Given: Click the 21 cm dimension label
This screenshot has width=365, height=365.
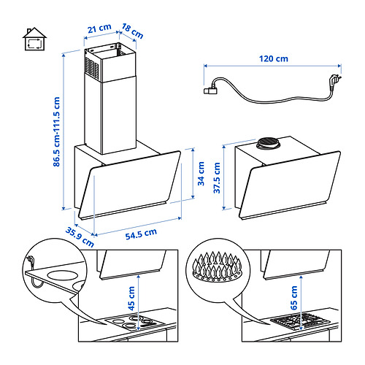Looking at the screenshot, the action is click(99, 28).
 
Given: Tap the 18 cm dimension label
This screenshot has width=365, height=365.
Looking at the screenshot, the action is click(132, 31).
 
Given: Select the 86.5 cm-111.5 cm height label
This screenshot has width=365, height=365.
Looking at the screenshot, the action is click(56, 131).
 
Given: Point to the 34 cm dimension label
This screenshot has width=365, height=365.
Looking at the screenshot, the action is click(201, 174).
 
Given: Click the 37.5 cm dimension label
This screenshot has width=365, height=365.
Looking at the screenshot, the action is click(217, 178).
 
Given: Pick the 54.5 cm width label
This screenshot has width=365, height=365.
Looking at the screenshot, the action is click(141, 234).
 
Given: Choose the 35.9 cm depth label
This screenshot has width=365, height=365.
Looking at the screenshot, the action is click(80, 237).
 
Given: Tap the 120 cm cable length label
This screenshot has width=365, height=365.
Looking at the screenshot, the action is click(274, 58).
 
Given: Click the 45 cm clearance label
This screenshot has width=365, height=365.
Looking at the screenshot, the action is click(131, 299).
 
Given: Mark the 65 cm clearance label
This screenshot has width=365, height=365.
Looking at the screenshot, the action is click(294, 298).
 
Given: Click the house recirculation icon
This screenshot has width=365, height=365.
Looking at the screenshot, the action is click(34, 39).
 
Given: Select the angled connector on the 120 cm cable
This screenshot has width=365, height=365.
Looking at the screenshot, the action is click(211, 91).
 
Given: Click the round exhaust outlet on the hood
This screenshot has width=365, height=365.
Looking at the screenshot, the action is click(268, 143).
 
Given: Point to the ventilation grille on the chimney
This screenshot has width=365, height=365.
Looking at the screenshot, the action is click(92, 68).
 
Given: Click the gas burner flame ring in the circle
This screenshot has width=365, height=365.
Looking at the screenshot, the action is click(218, 267).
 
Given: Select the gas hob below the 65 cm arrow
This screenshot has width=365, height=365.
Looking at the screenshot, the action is click(300, 321).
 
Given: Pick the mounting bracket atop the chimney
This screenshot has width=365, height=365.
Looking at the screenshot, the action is click(109, 49).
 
